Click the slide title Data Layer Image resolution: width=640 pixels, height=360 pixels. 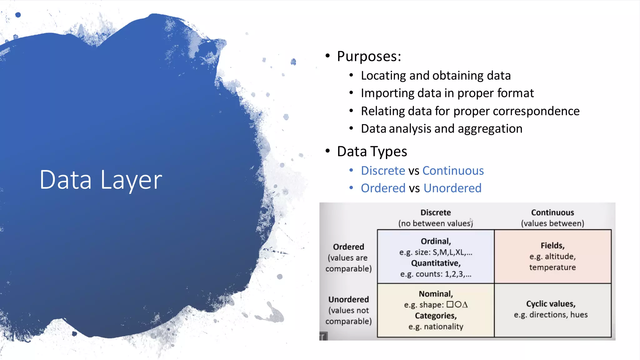[x=101, y=180]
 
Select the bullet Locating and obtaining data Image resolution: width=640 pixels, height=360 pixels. [x=436, y=76]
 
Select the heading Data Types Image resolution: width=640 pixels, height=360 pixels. [x=372, y=152]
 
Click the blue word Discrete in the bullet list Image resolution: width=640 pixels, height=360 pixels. [x=383, y=171]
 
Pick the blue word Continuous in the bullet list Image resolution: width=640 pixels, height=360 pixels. [x=453, y=171]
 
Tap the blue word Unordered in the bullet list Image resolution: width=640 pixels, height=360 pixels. [x=452, y=188]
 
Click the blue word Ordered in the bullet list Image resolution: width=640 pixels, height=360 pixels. [x=383, y=188]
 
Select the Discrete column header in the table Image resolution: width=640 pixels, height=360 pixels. [x=435, y=212]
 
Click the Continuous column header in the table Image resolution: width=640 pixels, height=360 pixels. [x=552, y=212]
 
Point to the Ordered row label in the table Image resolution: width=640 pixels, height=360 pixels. [x=348, y=247]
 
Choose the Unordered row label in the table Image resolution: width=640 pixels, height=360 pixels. [x=348, y=299]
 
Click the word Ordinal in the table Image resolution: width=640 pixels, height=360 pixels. [x=435, y=241]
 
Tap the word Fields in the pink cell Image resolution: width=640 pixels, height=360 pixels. [x=552, y=246]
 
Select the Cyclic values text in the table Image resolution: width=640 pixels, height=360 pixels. [x=551, y=304]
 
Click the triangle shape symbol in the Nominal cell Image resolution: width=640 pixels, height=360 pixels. [x=465, y=304]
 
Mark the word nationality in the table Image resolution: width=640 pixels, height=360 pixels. [x=443, y=327]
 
